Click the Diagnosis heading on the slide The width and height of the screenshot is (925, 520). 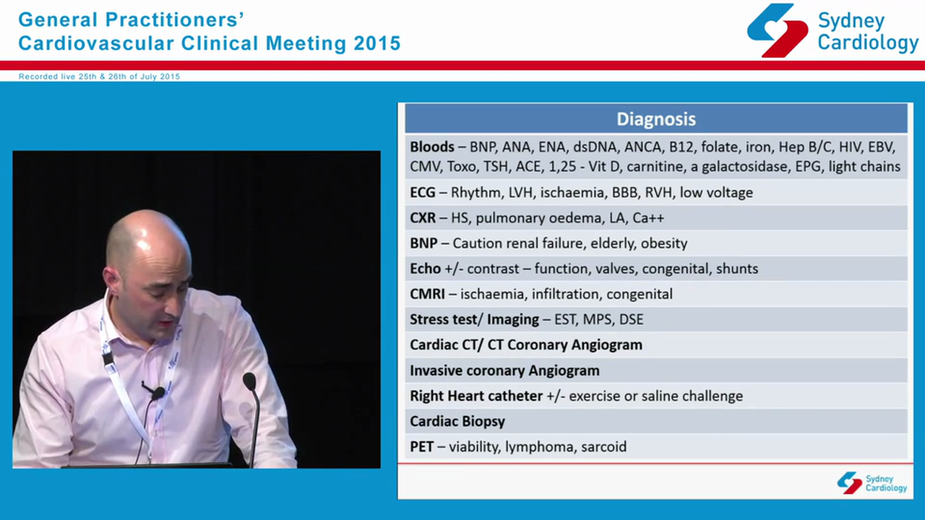pos(655,118)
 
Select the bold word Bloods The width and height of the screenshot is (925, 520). pos(432,147)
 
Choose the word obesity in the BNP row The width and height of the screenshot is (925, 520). pos(663,243)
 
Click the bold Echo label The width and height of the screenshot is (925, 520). pos(425,269)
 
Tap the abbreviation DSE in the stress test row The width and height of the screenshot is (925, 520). pos(631,319)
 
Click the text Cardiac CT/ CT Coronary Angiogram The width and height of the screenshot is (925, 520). pos(525,344)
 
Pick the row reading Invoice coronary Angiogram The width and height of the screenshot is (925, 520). pos(504,370)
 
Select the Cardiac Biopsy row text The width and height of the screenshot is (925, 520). pos(457,421)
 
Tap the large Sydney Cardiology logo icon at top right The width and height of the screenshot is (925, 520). pos(777,30)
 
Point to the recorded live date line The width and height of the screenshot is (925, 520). pos(99,77)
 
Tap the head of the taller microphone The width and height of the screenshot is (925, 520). pos(249,381)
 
